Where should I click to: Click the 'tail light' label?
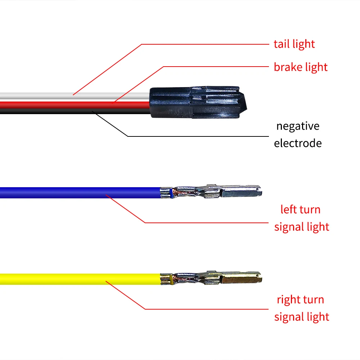coord(294,44)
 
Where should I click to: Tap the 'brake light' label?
coord(301,67)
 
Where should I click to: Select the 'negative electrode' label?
coord(298,135)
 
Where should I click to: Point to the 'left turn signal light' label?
coord(301,218)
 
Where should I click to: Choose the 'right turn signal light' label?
coord(301,308)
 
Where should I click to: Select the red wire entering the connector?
coord(72,104)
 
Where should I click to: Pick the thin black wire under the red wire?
coord(72,111)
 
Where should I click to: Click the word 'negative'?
coord(298,126)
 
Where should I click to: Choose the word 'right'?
coord(288,300)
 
